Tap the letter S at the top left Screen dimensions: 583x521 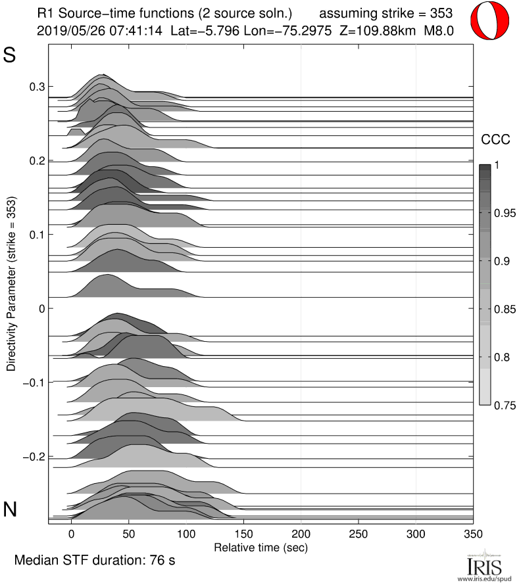click(10, 56)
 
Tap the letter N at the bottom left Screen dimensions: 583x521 click(11, 509)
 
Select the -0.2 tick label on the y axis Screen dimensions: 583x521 click(34, 457)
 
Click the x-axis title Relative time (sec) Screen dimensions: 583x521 click(261, 546)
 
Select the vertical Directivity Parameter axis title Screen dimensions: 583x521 click(11, 283)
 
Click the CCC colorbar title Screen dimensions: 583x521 click(496, 139)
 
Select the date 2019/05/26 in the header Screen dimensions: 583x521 click(64, 30)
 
